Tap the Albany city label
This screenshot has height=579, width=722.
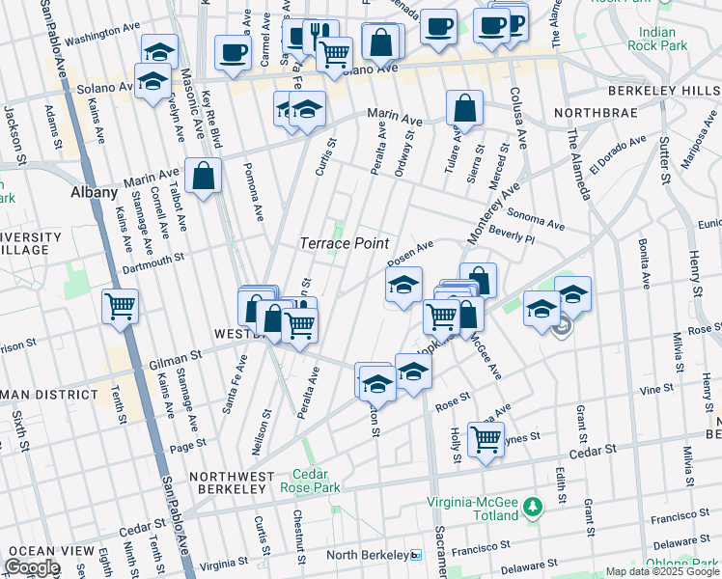[x=95, y=192]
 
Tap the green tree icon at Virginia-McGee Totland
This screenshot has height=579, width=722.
[x=532, y=506]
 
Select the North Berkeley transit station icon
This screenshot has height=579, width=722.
[x=416, y=555]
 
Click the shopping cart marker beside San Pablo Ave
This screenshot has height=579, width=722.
[x=120, y=306]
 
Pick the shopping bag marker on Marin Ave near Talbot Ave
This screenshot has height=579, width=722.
[x=205, y=176]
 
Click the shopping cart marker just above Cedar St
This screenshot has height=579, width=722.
[x=486, y=437]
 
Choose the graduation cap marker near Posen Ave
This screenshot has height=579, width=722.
[x=404, y=284]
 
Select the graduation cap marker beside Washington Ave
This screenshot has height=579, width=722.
[x=160, y=50]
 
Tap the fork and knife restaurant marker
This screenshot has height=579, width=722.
[x=320, y=36]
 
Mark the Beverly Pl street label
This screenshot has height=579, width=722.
[x=511, y=234]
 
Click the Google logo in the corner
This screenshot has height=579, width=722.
[x=32, y=566]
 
